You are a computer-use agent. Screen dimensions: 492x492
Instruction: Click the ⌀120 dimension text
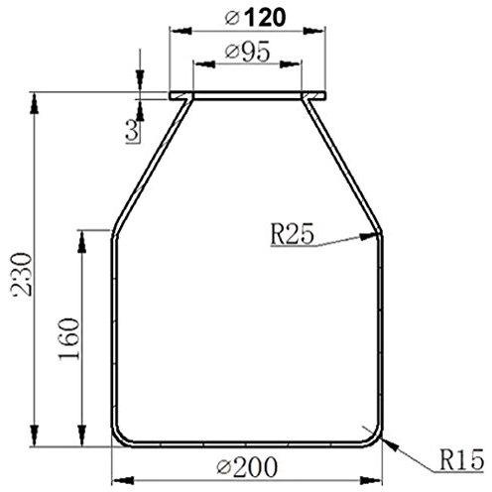255,18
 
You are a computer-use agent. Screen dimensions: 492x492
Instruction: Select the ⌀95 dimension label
248,52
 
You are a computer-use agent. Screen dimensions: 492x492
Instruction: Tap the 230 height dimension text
23,274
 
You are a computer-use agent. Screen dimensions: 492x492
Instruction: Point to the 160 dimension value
69,338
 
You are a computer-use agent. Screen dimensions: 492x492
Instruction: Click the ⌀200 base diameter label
247,466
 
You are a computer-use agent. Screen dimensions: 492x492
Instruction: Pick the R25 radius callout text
292,234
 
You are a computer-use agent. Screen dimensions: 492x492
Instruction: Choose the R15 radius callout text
461,459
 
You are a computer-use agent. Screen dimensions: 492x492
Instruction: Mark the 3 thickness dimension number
133,130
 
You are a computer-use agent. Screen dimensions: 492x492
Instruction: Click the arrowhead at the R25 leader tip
369,236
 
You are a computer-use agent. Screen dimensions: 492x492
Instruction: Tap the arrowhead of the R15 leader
391,444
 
